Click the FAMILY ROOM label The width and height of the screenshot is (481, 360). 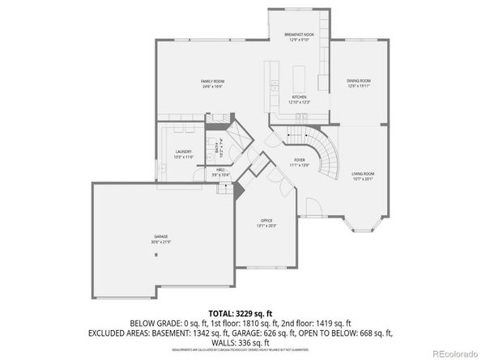click(212, 82)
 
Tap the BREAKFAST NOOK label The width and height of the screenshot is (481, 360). click(299, 35)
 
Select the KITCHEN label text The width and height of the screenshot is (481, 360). click(300, 97)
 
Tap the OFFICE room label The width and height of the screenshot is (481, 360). click(266, 221)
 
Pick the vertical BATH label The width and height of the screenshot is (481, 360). click(216, 147)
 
